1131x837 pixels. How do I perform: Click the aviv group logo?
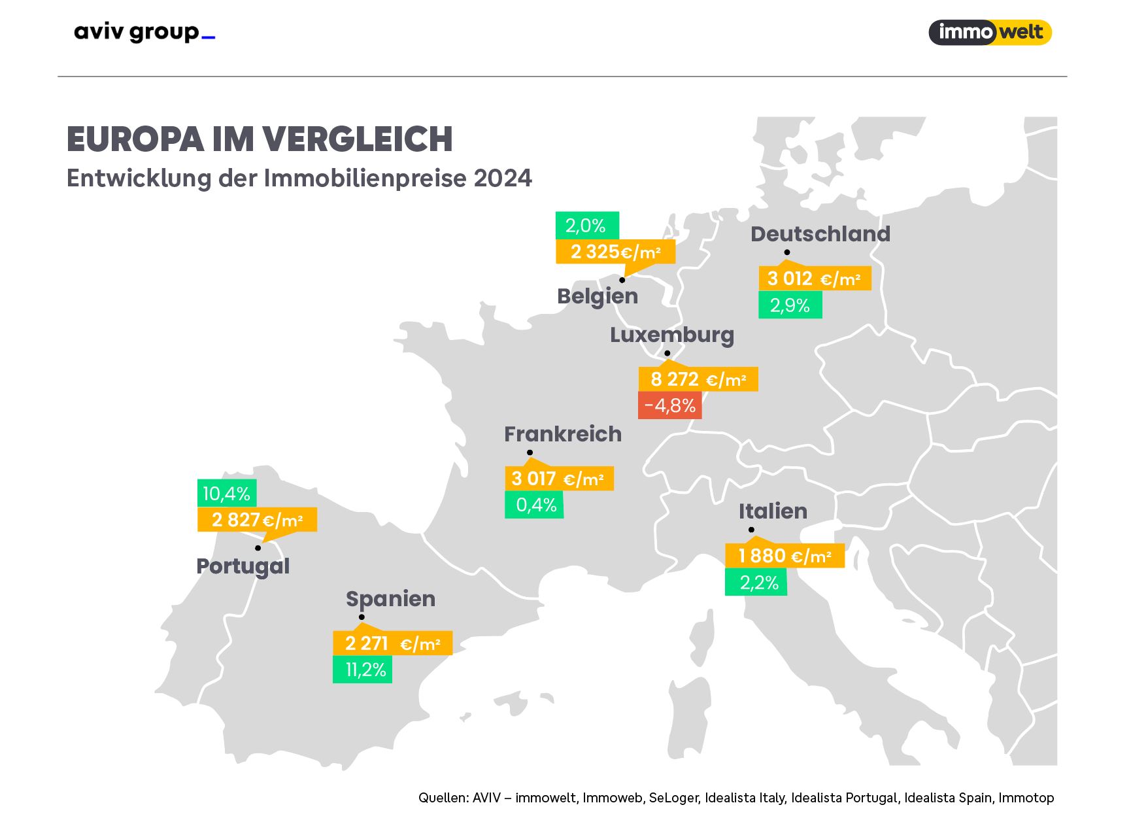coord(144,32)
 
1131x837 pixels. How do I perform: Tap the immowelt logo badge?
coord(990,32)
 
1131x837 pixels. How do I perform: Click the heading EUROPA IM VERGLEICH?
coord(260,139)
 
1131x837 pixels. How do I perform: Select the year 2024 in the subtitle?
coord(503,179)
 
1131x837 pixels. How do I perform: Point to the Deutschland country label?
coord(820,234)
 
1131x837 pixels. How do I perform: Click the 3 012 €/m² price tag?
coord(814,279)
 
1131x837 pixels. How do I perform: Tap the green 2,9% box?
coord(790,305)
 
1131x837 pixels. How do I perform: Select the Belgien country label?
coord(598,296)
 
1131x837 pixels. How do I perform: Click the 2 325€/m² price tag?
coord(615,252)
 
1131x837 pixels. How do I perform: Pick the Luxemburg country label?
coord(671,335)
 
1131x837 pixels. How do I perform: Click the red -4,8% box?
coord(669,405)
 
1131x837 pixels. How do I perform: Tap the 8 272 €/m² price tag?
coord(698,379)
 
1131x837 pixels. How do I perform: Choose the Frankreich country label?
coord(562,434)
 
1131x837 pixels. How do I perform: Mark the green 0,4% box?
coord(534,505)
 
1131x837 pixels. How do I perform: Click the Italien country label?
coord(773,511)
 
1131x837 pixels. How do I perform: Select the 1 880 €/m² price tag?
coord(785,556)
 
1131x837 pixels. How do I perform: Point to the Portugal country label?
coord(243,566)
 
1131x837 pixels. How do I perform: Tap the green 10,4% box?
coord(227,493)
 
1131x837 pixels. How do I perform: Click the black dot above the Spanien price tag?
coord(362,617)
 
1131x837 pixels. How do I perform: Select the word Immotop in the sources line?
coord(1026,798)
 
